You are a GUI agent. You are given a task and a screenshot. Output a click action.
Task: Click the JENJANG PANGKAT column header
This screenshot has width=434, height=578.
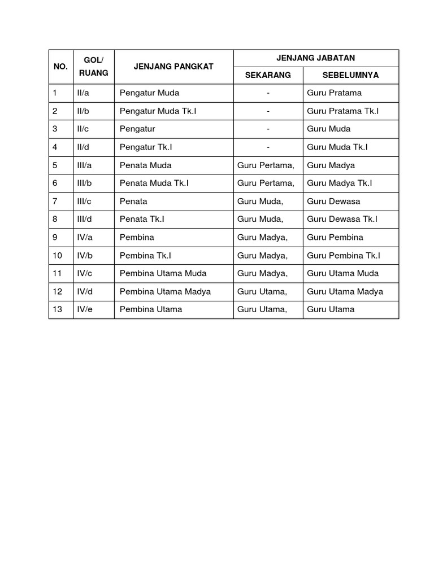click(173, 67)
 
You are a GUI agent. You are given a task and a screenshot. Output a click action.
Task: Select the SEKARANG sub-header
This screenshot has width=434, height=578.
click(268, 75)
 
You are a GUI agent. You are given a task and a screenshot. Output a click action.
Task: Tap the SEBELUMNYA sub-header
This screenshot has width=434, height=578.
click(350, 75)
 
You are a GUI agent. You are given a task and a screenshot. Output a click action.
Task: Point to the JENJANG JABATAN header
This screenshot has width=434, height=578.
click(316, 58)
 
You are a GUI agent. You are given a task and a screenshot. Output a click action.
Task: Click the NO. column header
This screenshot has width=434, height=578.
click(60, 67)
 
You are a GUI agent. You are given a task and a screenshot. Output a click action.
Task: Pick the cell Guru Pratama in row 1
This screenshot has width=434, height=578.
click(334, 93)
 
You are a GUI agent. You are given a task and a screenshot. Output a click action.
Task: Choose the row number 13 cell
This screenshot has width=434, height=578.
click(58, 309)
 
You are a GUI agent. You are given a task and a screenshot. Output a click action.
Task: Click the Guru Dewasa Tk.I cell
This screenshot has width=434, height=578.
click(342, 219)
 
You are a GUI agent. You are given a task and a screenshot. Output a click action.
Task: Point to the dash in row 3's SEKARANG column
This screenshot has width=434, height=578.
click(268, 129)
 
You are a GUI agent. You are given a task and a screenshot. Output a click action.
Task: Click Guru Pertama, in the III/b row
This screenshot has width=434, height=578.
click(266, 183)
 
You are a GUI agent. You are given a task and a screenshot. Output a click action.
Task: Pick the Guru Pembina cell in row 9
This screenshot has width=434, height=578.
click(335, 237)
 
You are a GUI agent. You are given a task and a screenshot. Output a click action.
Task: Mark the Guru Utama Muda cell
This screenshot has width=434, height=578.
click(342, 273)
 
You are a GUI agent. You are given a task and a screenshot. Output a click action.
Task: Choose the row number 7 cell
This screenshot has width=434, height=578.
click(55, 201)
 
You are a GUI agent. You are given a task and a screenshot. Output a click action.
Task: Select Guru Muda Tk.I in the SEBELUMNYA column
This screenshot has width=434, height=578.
click(337, 147)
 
